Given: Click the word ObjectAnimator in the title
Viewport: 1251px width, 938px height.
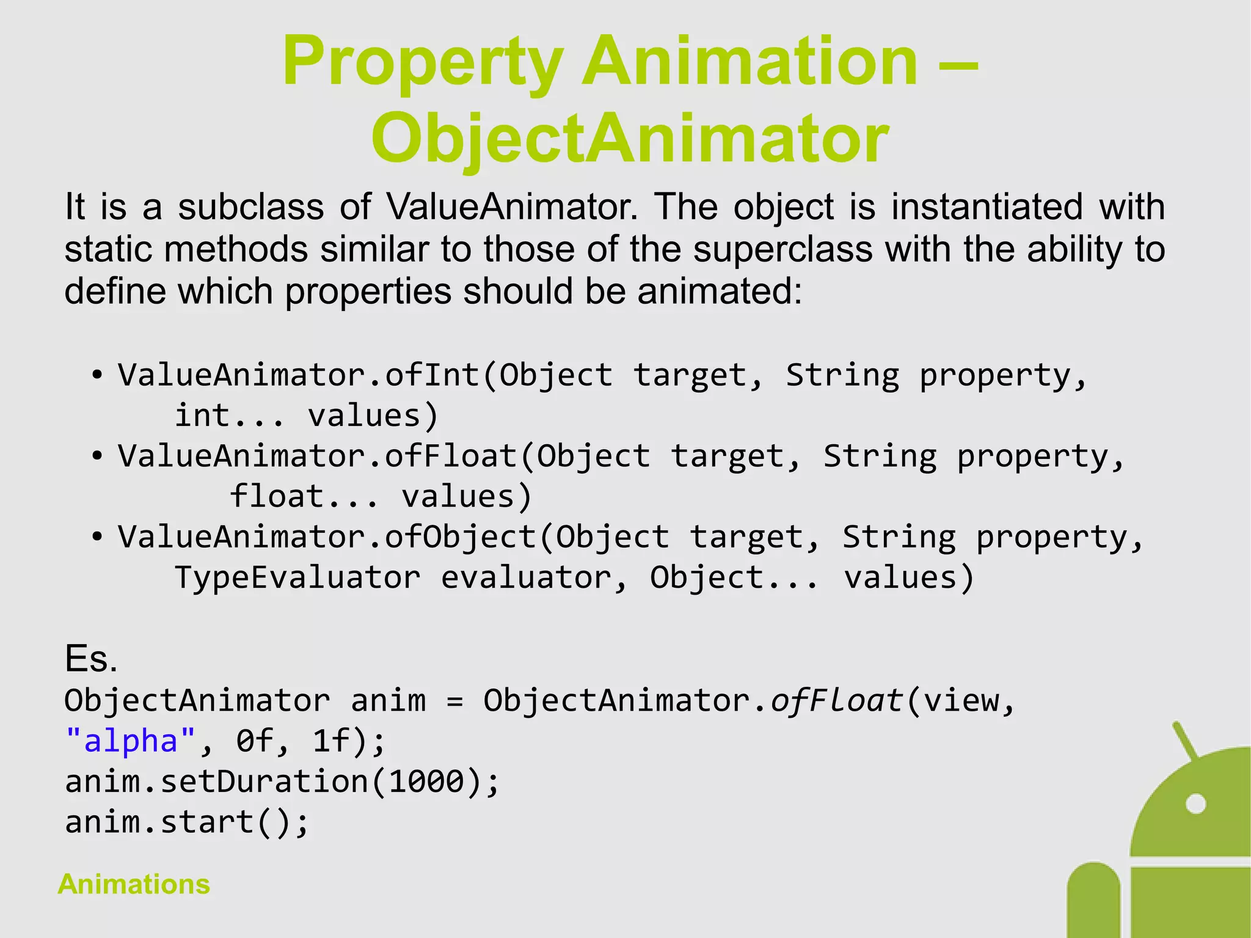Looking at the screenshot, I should click(630, 140).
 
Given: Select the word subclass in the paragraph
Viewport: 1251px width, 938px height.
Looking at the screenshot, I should click(250, 207).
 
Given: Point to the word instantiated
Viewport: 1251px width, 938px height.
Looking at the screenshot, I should click(987, 207).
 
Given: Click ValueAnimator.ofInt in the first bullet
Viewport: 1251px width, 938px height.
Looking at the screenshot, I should click(299, 375).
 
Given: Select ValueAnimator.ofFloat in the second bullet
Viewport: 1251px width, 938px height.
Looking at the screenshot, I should click(318, 456).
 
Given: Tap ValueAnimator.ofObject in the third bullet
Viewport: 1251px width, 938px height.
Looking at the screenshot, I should click(327, 537).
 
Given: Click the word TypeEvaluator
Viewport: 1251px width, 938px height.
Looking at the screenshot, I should click(297, 577).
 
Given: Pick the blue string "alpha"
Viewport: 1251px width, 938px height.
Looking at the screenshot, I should click(130, 741).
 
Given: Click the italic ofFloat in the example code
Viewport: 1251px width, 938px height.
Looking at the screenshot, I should click(837, 700).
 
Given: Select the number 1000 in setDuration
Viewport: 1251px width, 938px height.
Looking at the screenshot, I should click(427, 782).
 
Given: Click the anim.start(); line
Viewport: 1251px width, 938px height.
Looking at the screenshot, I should click(187, 822).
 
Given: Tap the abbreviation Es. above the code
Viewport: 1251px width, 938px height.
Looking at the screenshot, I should click(90, 659).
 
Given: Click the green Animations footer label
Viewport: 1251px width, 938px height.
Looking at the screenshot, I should click(134, 884).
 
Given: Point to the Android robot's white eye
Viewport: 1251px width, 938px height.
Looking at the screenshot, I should click(1195, 804).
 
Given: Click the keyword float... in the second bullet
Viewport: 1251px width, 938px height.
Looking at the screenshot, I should click(304, 496).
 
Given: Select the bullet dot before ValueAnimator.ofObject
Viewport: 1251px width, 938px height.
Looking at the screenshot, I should click(97, 537).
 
